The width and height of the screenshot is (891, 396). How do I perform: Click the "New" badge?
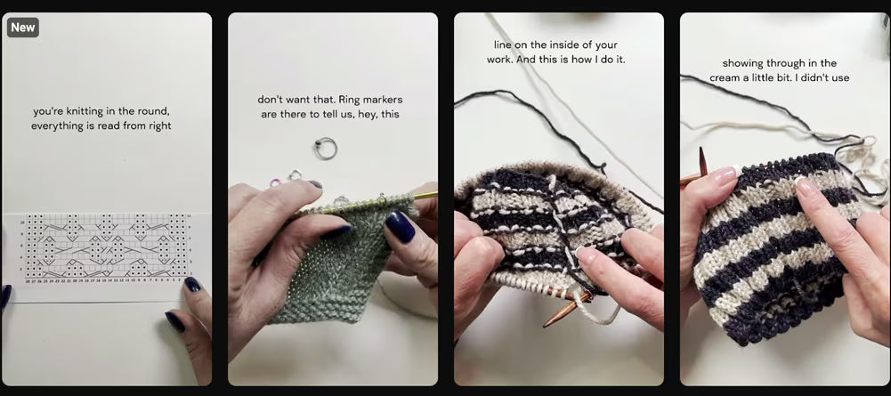23,28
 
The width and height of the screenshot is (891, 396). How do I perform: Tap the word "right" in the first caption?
157,125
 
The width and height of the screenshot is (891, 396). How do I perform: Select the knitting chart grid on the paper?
107,246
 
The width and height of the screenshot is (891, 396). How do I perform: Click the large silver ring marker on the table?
326,149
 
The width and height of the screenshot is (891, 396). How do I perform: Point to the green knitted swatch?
338,258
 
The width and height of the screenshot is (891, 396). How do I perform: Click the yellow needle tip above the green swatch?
427,194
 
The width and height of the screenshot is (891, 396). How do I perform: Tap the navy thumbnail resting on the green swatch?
401,228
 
